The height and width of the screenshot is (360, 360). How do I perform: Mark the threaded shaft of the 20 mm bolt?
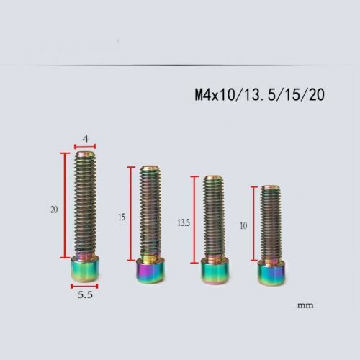[85, 205]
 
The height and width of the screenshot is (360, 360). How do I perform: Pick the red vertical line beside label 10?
[253, 223]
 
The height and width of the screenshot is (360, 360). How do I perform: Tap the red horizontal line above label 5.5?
[84, 287]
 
